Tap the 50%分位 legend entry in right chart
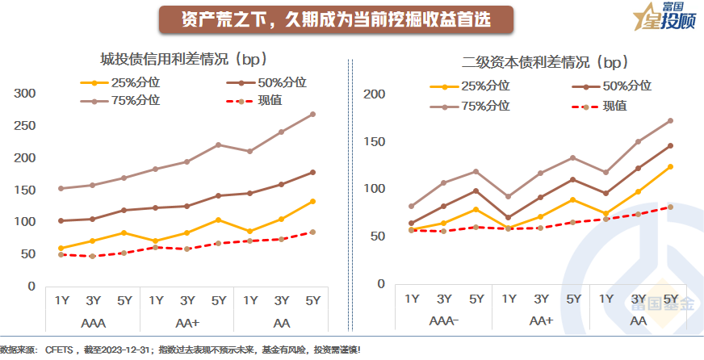coord(625,86)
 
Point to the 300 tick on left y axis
coord(27,94)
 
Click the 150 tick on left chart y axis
coord(27,190)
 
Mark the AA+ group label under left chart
coord(187,322)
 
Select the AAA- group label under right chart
coord(445,320)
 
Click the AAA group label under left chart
coord(93,322)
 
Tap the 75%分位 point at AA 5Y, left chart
coord(312,114)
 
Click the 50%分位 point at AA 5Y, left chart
coord(312,172)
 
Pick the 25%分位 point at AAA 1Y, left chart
coord(61,248)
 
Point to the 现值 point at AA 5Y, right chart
coord(670,207)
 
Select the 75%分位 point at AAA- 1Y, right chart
coord(412,206)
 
